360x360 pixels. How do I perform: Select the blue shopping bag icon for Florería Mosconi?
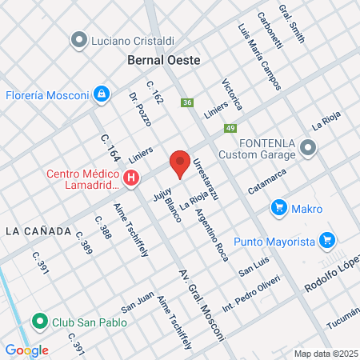pos(102,94)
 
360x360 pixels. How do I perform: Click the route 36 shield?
pos(187,102)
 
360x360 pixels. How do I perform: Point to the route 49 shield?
pos(230,128)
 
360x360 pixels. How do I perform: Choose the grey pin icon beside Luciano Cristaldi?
pos(79,39)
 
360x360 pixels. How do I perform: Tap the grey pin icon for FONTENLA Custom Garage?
pos(310,147)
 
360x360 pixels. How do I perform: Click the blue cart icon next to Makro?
pos(278,209)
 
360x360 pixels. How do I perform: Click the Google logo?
pos(26,350)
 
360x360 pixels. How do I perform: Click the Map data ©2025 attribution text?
pos(325,354)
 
